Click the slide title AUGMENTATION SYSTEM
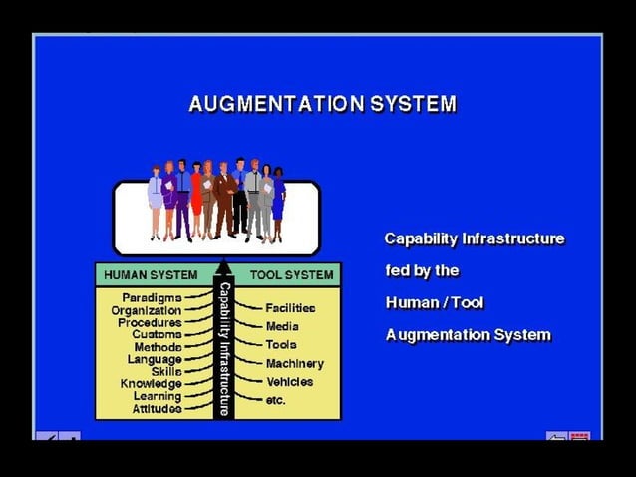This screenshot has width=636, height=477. tap(322, 104)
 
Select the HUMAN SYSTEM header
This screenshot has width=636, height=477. tap(151, 274)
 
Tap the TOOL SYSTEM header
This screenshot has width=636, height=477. tap(291, 274)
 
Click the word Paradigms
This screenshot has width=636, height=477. tap(152, 298)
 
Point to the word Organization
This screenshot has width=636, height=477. tap(146, 310)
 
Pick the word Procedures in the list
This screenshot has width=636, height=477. tap(150, 323)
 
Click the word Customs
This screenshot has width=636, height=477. tap(157, 335)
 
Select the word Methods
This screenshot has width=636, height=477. tap(158, 347)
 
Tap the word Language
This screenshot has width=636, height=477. tap(154, 359)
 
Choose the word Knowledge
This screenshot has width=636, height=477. tap(151, 384)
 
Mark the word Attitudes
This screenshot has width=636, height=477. tap(157, 409)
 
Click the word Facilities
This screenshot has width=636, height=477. tap(290, 309)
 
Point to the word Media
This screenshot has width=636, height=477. tap(282, 327)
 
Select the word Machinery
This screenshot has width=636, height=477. tap(294, 364)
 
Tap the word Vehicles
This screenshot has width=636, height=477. tap(289, 382)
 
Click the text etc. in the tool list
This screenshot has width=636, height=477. tap(276, 401)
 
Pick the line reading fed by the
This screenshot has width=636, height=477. tap(422, 271)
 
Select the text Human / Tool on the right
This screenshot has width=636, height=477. tap(435, 303)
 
